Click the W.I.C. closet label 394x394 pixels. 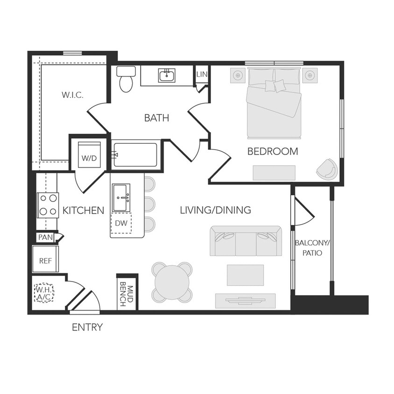point(72,95)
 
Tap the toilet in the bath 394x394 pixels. point(126,79)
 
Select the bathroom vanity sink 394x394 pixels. point(166,75)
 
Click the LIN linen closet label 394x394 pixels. point(202,74)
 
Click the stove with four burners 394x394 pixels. point(48,205)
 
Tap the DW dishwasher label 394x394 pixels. point(121,223)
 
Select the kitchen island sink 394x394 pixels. point(121,197)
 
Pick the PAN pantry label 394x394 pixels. point(45,237)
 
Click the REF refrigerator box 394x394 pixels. point(45,260)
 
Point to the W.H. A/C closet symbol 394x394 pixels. point(44,293)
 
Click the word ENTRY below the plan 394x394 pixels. point(87,327)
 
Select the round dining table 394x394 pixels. point(172,282)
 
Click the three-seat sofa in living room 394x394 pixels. point(246,241)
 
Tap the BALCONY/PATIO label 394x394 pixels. point(312,247)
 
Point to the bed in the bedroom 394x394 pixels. point(274,103)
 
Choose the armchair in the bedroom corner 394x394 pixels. point(327,169)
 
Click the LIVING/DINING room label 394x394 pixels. point(215,210)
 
